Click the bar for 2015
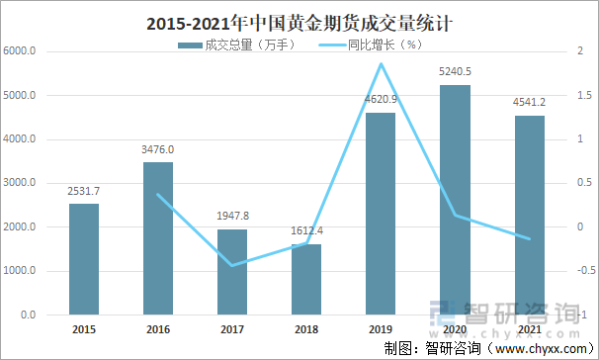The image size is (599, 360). [84, 259]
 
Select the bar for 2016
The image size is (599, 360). [158, 238]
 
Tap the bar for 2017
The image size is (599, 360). [232, 272]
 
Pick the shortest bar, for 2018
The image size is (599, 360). [306, 279]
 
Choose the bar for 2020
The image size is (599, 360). [455, 200]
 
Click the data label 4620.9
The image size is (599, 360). [381, 99]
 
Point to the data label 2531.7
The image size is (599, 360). [84, 191]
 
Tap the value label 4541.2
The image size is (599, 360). [529, 102]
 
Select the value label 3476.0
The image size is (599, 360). [158, 149]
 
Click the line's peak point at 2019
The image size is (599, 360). [381, 64]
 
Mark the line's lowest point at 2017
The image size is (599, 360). [232, 265]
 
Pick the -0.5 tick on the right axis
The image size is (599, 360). [583, 271]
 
